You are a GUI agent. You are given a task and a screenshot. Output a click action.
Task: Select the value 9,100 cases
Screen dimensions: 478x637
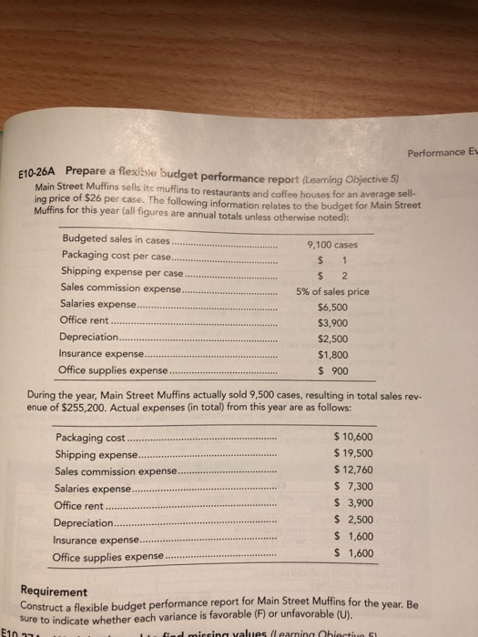click(334, 243)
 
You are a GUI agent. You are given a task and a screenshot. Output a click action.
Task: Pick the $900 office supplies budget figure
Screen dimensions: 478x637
click(338, 373)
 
